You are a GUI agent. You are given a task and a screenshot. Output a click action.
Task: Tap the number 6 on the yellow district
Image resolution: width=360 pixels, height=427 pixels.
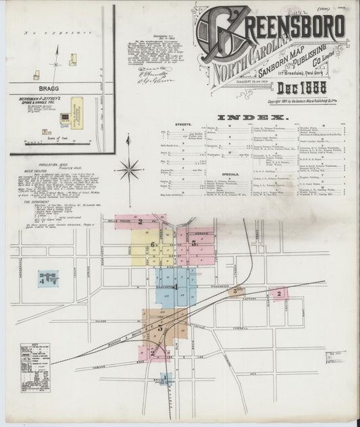(x=153, y=245)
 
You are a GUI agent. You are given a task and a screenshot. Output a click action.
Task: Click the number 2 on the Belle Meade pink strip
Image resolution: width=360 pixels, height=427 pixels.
(x=140, y=221)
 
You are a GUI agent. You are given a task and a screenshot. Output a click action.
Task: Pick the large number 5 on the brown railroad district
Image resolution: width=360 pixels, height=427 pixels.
(x=160, y=328)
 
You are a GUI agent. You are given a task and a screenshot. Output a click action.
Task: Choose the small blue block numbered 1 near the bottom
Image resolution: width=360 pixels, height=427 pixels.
(x=164, y=378)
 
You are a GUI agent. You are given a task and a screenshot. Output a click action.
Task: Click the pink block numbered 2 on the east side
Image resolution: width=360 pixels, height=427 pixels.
(x=278, y=293)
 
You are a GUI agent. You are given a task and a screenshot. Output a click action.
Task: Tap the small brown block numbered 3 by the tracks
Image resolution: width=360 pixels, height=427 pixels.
(x=236, y=291)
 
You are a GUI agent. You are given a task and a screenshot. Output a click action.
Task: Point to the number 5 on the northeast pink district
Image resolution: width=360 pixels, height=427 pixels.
(x=194, y=243)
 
